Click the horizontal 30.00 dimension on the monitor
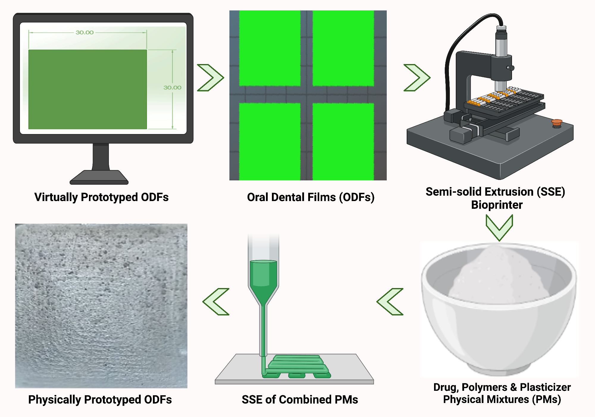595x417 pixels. (x=84, y=32)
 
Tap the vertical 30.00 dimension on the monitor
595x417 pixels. (x=172, y=87)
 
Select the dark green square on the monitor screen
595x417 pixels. (x=87, y=89)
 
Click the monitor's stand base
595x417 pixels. (x=99, y=178)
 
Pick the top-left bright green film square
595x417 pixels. (x=270, y=48)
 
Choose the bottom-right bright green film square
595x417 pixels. (x=343, y=141)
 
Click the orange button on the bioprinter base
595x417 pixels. (x=556, y=122)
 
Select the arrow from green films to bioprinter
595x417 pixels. (x=417, y=77)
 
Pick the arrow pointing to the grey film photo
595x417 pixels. (x=216, y=301)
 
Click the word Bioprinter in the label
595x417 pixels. (x=497, y=205)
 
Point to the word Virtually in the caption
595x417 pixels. (x=56, y=197)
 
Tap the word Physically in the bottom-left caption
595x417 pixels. (x=54, y=399)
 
